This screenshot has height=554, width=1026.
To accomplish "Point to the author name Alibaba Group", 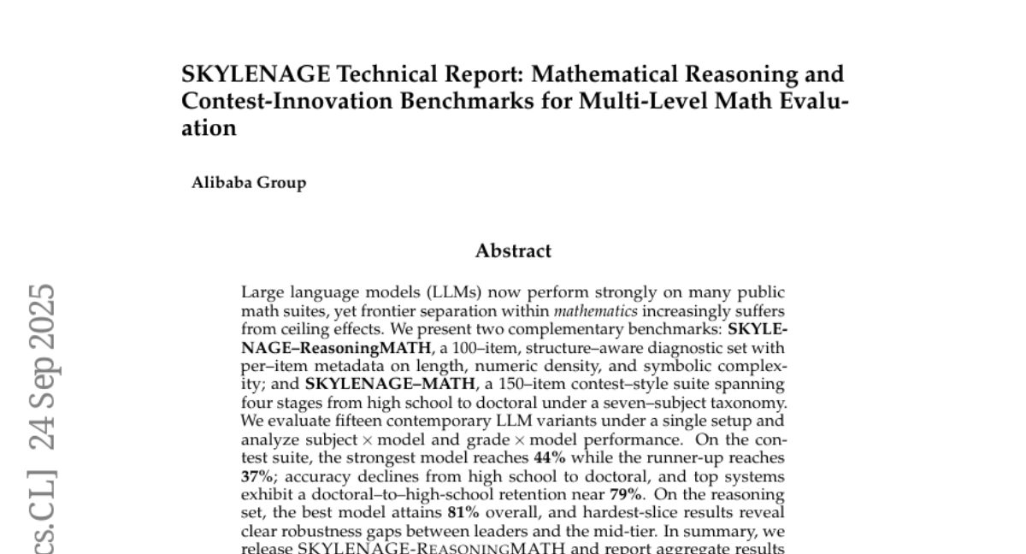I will [249, 182].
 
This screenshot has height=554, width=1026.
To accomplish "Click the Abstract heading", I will [513, 251].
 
